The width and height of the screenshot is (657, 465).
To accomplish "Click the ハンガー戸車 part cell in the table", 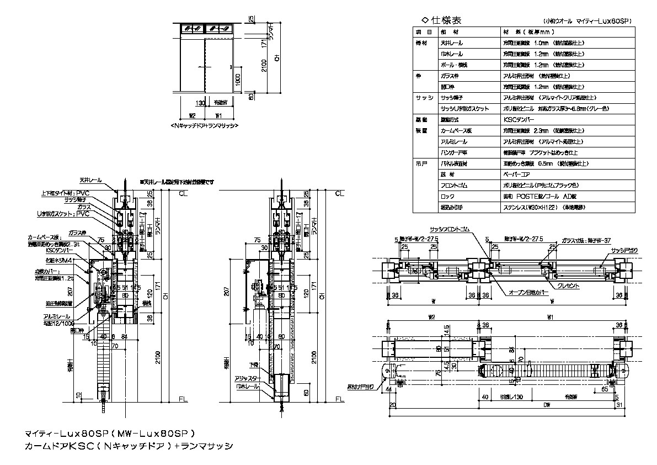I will (455, 152).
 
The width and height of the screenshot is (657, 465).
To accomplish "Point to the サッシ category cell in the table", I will (423, 97).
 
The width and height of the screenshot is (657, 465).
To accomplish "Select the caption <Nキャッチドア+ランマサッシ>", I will (205, 126).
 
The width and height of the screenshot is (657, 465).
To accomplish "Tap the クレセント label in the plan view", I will (568, 286).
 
